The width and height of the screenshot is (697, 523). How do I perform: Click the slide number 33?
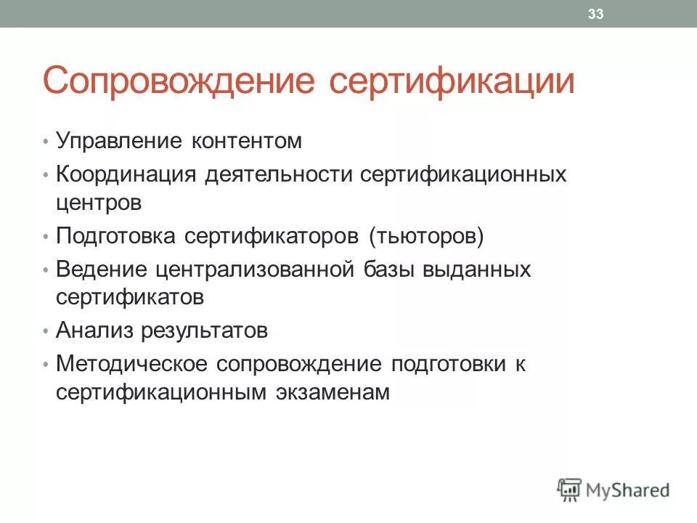pyautogui.click(x=596, y=14)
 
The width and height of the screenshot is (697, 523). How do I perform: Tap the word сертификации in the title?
pyautogui.click(x=452, y=82)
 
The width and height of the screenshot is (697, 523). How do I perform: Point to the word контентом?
pyautogui.click(x=246, y=140)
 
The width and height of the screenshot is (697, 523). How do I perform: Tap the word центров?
pyautogui.click(x=99, y=203)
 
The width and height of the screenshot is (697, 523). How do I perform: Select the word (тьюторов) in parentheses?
pyautogui.click(x=425, y=237)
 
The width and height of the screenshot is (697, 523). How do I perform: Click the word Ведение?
pyautogui.click(x=102, y=270)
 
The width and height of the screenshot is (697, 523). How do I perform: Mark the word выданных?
pyautogui.click(x=481, y=270)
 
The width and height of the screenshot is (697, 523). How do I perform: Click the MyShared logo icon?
pyautogui.click(x=570, y=490)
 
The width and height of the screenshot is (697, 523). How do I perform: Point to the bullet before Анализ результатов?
pyautogui.click(x=45, y=332)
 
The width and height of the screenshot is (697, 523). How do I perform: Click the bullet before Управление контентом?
pyautogui.click(x=45, y=141)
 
